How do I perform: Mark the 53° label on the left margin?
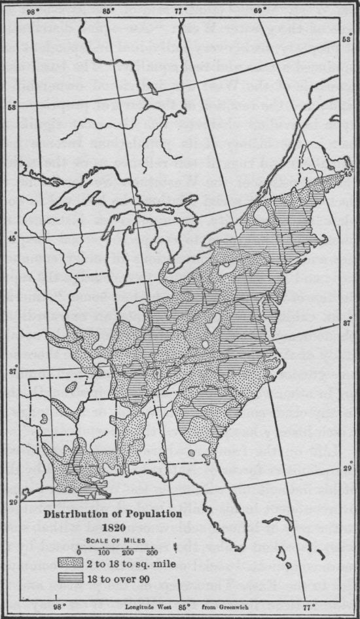click(x=10, y=108)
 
